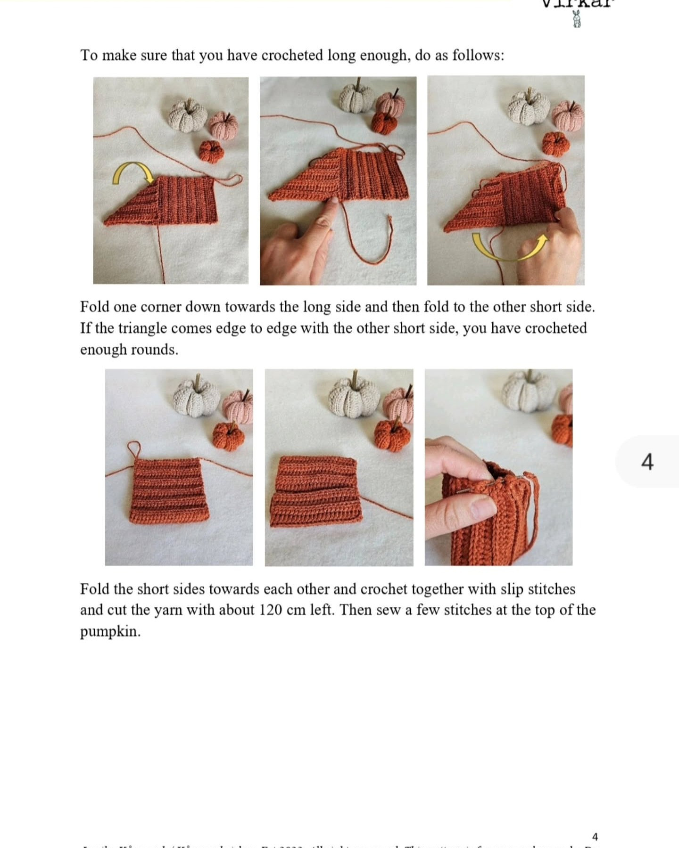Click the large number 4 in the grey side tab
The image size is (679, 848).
click(x=647, y=462)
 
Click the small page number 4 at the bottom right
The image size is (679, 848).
click(x=595, y=837)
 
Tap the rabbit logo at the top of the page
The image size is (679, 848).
click(x=576, y=19)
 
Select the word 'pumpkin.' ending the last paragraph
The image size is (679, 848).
click(x=110, y=631)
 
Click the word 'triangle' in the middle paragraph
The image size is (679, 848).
click(x=142, y=328)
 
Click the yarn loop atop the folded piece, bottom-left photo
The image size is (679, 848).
click(x=134, y=448)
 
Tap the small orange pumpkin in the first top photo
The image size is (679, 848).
click(x=210, y=151)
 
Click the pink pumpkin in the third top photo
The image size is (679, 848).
click(x=567, y=116)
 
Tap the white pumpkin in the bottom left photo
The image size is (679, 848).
click(x=197, y=398)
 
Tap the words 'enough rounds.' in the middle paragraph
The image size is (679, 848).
click(x=129, y=350)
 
